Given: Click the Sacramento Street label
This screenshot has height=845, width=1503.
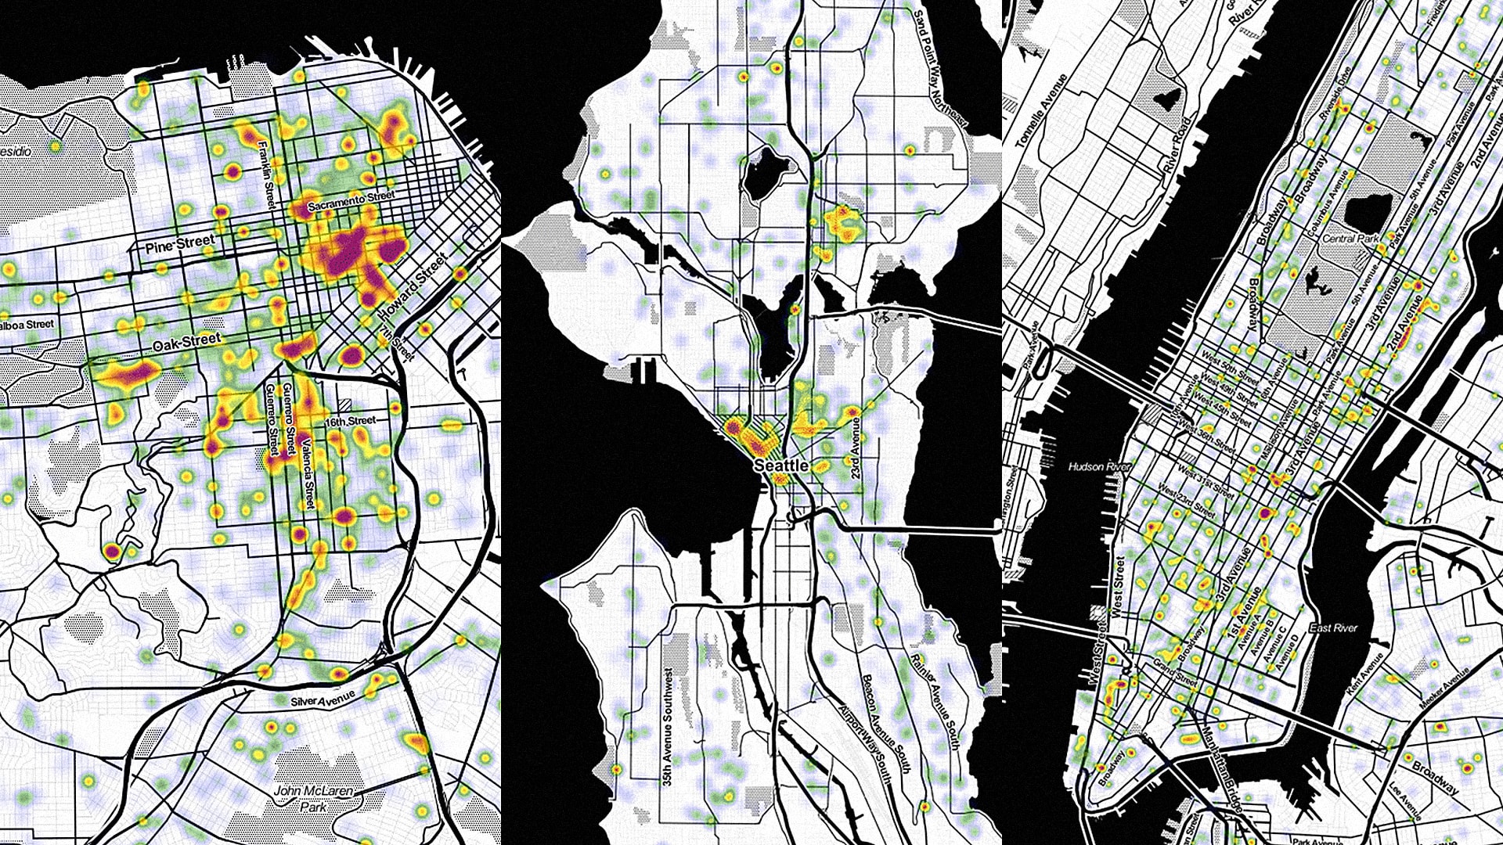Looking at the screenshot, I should coord(351,201).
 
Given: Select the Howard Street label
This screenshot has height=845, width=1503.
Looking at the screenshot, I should coord(413,286).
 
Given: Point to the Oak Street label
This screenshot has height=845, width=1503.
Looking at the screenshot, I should coord(187,341).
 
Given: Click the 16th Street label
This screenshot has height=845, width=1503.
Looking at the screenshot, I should coord(351,422).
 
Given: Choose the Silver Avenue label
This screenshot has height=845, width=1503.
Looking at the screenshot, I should coord(323,698).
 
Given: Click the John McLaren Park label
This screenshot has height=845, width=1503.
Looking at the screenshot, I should coord(313,799).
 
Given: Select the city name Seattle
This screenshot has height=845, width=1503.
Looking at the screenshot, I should coord(780,466).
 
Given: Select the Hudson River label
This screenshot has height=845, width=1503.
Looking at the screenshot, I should coord(1100,466).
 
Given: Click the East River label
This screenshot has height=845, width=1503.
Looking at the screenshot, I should coord(1333,627).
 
